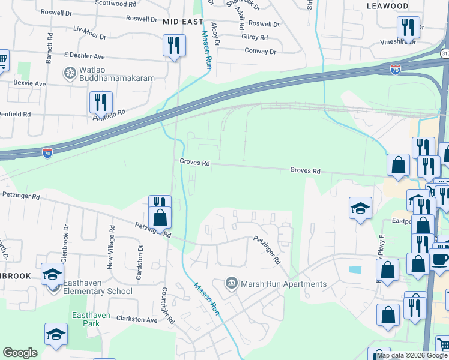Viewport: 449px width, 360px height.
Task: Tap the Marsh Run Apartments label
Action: click(283, 284)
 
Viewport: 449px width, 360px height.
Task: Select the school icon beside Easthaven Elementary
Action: click(52, 274)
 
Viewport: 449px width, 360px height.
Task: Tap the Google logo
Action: click(20, 353)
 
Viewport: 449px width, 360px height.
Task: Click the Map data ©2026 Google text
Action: click(412, 355)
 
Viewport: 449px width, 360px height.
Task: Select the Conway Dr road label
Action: click(260, 51)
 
